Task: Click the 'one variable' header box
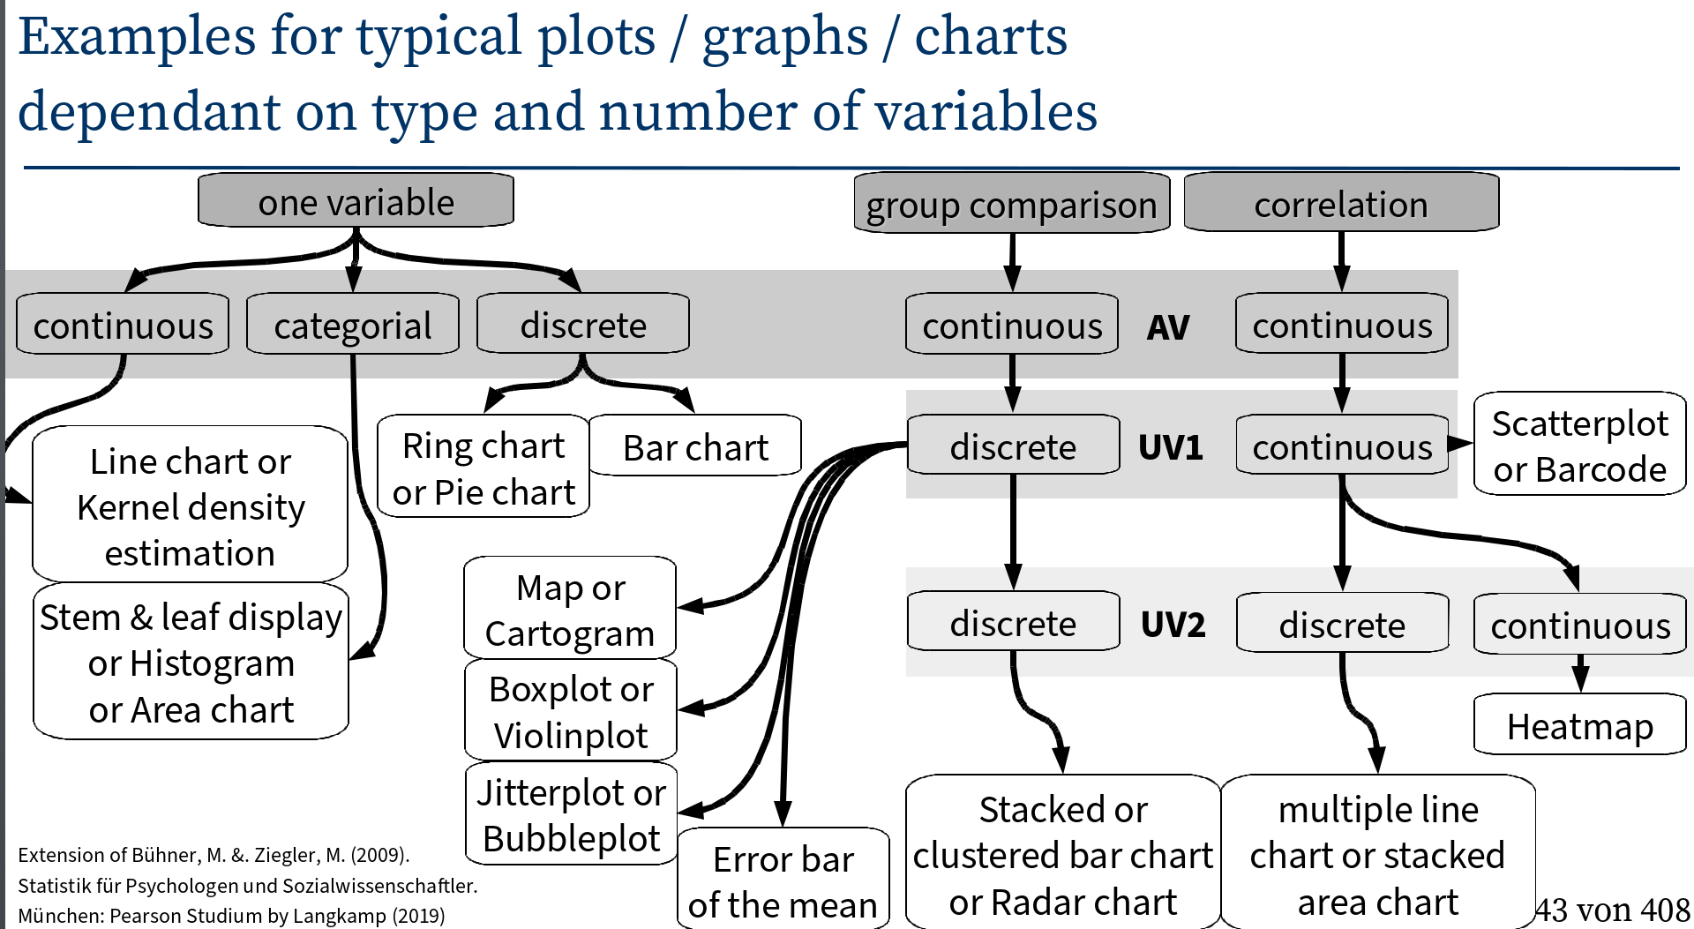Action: click(x=356, y=201)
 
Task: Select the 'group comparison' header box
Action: click(x=1011, y=204)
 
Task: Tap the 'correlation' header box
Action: click(x=1340, y=203)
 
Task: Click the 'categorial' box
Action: click(x=352, y=325)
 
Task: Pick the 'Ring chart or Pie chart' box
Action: click(x=483, y=467)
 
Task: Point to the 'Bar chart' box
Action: click(x=695, y=446)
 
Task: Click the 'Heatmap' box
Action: click(x=1579, y=725)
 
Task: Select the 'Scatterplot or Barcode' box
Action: click(x=1579, y=445)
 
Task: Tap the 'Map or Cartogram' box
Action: click(x=570, y=609)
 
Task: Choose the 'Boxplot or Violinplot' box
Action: click(x=570, y=710)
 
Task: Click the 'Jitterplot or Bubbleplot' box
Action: click(x=570, y=813)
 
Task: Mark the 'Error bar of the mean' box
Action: click(x=783, y=880)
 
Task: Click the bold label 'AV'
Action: click(x=1167, y=327)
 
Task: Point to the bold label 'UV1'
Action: click(x=1170, y=447)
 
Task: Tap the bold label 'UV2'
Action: click(x=1172, y=624)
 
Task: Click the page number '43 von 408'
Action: click(x=1612, y=910)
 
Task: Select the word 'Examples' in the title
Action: click(x=138, y=37)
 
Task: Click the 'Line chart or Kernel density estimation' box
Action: click(x=190, y=506)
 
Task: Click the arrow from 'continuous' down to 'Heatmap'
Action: click(x=1579, y=673)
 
